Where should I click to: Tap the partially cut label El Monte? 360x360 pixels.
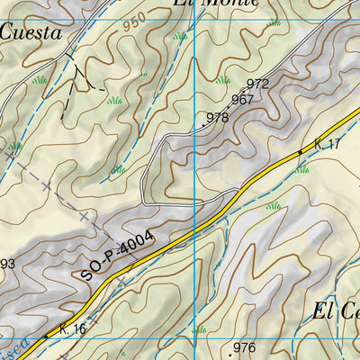[216, 4]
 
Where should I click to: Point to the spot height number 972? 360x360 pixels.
[257, 84]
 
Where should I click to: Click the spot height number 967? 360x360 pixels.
[242, 100]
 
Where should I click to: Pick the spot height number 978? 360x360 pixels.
[217, 117]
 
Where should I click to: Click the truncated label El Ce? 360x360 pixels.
[335, 312]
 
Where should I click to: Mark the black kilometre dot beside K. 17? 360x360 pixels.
[301, 153]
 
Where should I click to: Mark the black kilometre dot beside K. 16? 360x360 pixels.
[45, 337]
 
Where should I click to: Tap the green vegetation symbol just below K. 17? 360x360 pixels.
[302, 168]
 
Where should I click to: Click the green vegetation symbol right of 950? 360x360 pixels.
[181, 37]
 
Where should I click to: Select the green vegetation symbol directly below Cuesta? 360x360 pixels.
[39, 80]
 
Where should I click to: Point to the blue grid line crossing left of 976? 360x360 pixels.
[198, 346]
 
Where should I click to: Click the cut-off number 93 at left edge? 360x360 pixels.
[7, 264]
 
